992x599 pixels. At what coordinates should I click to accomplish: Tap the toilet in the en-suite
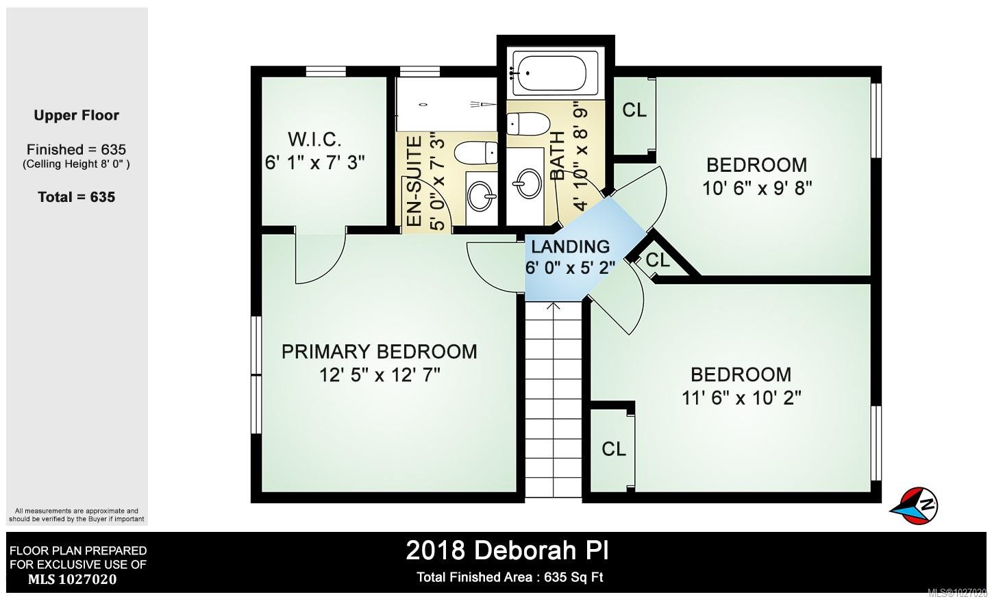pyautogui.click(x=476, y=151)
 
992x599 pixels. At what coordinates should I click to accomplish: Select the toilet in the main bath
pyautogui.click(x=528, y=124)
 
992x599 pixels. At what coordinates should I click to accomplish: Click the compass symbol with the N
pyautogui.click(x=916, y=505)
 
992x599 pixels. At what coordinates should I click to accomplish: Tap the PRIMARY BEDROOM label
pyautogui.click(x=379, y=352)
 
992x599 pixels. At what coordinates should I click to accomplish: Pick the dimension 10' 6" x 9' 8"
pyautogui.click(x=757, y=188)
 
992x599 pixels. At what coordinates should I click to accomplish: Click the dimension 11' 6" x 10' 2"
pyautogui.click(x=741, y=398)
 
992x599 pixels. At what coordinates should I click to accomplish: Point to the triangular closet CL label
pyautogui.click(x=657, y=260)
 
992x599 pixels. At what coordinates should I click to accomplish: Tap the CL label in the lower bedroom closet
pyautogui.click(x=614, y=449)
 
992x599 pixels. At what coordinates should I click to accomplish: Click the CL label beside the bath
pyautogui.click(x=634, y=110)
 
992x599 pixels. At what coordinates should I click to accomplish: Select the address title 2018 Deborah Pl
pyautogui.click(x=507, y=550)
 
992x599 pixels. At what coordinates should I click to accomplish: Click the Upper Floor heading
pyautogui.click(x=76, y=116)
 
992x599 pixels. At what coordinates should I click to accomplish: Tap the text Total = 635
pyautogui.click(x=76, y=197)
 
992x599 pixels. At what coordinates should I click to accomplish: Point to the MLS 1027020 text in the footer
pyautogui.click(x=72, y=580)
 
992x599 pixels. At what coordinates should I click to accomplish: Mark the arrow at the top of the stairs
pyautogui.click(x=554, y=306)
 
